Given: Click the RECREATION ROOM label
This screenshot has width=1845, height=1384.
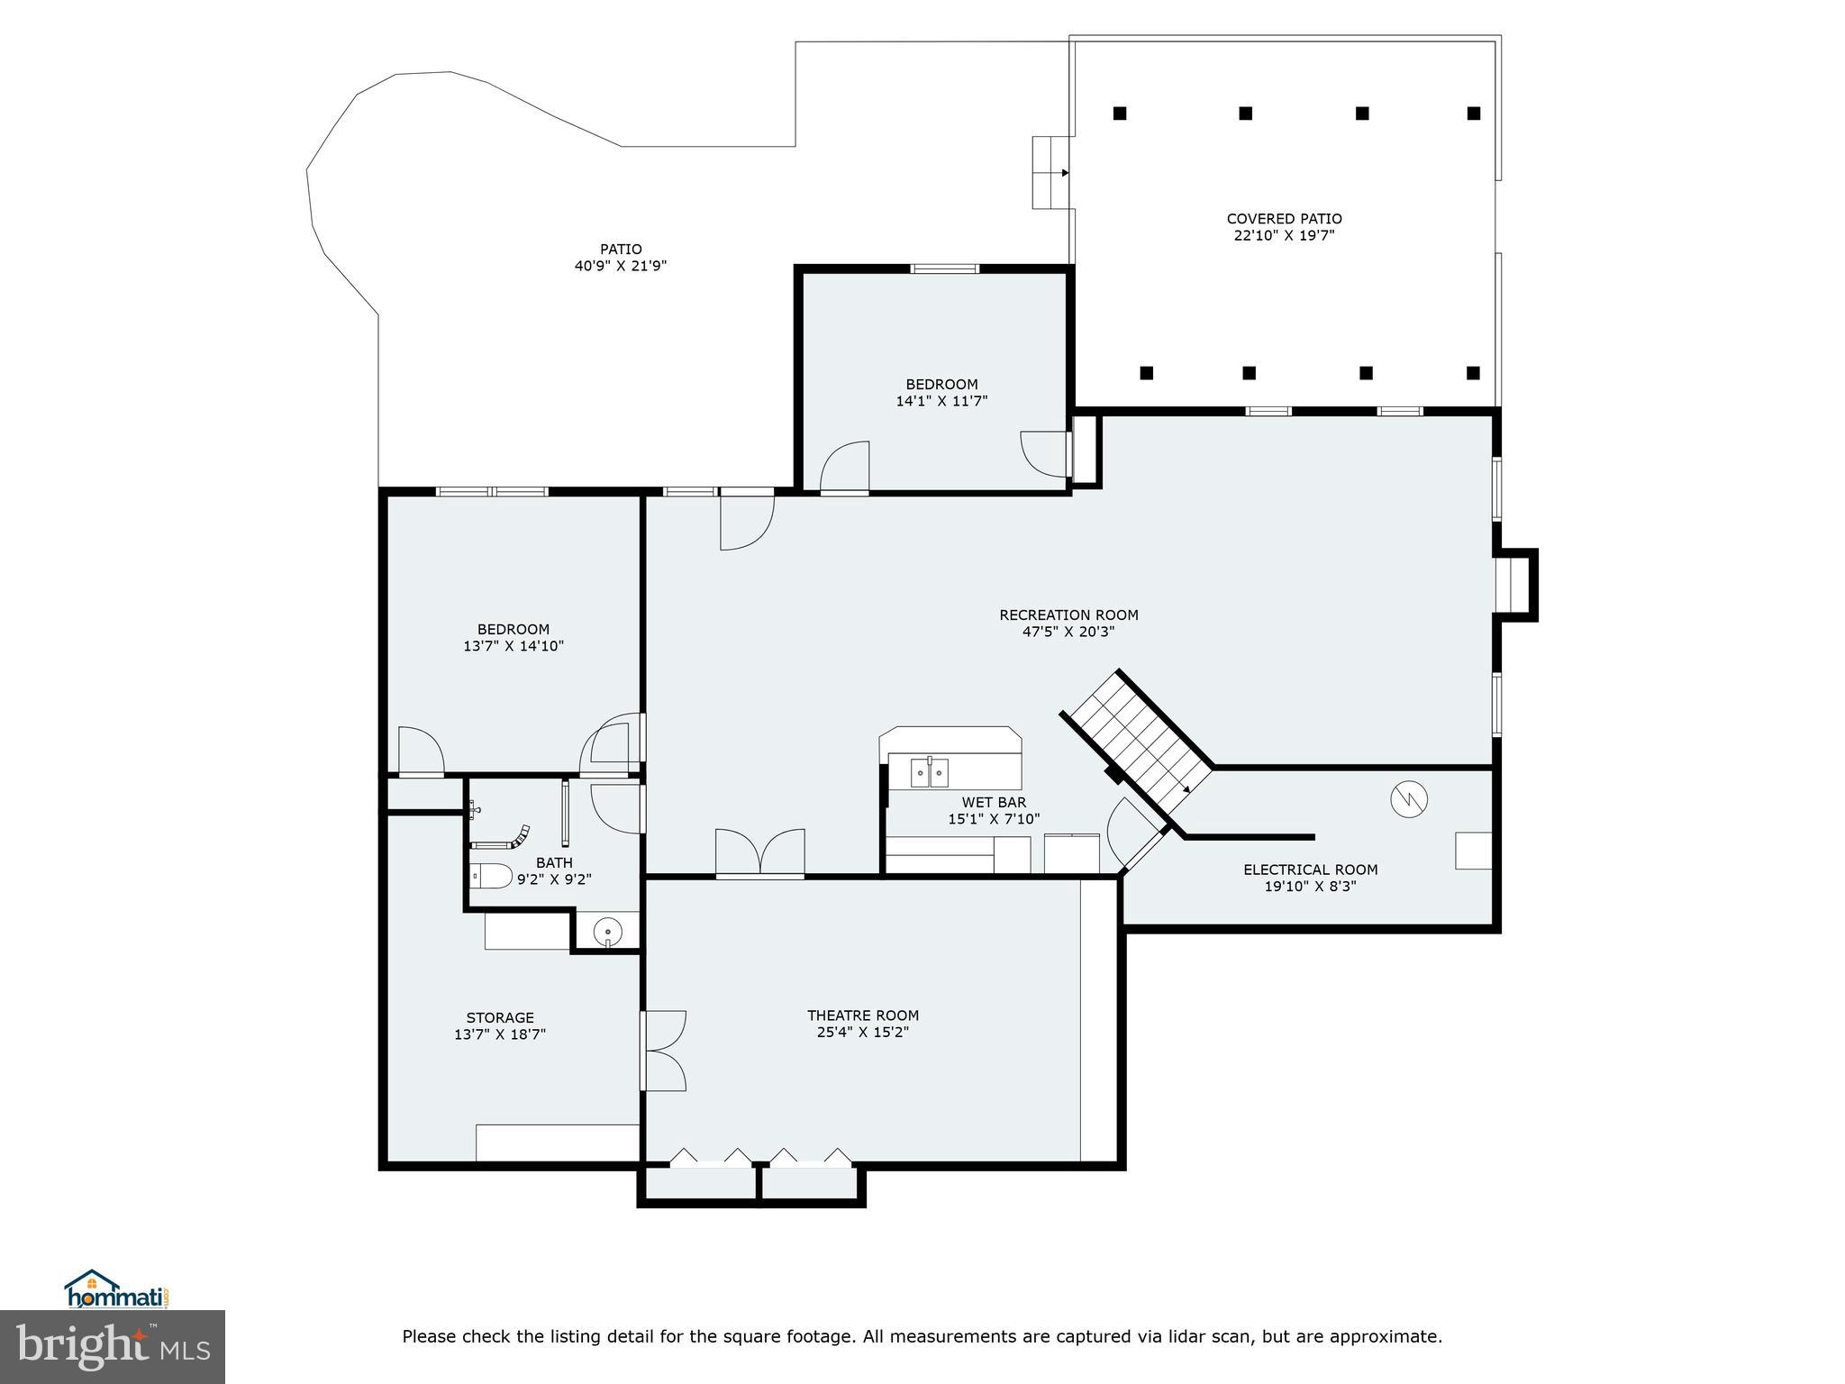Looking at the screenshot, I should tap(1068, 615).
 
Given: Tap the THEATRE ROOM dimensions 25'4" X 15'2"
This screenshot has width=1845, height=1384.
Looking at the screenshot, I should tap(862, 1033).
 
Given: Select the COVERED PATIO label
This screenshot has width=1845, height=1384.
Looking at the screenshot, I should tap(1284, 219).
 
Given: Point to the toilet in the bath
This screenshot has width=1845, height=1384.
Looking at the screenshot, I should tap(492, 875).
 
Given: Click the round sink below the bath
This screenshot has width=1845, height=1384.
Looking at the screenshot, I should tap(609, 931).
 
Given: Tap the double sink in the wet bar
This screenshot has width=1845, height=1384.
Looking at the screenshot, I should tap(929, 772).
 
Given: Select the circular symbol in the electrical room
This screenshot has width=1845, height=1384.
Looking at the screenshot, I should tap(1409, 798).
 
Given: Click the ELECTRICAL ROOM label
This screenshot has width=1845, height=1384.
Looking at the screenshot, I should tap(1310, 870).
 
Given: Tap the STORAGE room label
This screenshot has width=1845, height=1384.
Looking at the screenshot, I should tap(500, 1018).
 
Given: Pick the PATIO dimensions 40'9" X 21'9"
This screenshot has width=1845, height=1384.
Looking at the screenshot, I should tap(621, 267).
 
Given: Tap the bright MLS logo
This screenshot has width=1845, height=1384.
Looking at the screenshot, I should tap(112, 1346).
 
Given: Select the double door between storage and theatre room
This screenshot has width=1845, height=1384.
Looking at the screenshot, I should tap(664, 1051).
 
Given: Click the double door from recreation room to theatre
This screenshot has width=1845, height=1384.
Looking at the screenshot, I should tap(759, 852).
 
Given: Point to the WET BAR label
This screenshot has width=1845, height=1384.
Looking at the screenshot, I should tap(994, 803).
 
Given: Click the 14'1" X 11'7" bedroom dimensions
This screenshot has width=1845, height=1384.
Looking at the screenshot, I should tap(941, 402).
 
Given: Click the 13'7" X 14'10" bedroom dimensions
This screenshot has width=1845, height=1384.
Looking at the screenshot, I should tap(514, 646).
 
